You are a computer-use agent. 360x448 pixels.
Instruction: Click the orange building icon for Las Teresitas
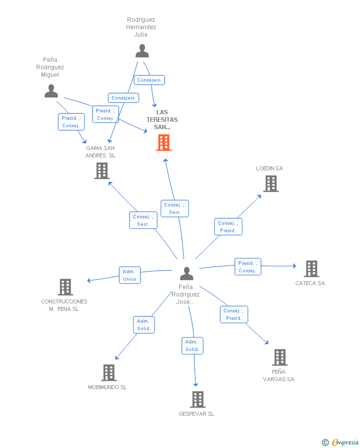(164, 143)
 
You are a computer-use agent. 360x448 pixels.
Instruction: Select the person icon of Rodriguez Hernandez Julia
(142, 51)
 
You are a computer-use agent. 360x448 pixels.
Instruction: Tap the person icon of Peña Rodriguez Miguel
(51, 91)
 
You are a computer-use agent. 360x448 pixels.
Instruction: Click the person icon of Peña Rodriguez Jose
(187, 273)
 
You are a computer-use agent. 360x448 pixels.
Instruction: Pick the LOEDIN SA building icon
(271, 184)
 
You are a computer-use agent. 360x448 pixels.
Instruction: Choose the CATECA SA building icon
(312, 269)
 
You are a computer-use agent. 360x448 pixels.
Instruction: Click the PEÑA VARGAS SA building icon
(280, 357)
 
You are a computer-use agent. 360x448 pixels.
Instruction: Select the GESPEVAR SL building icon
(198, 399)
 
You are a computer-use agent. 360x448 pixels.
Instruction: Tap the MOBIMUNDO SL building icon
(109, 373)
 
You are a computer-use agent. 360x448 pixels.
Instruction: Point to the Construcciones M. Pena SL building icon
(65, 287)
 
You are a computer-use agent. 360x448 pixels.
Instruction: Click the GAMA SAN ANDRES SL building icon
(102, 171)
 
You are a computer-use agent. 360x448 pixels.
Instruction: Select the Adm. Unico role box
(130, 275)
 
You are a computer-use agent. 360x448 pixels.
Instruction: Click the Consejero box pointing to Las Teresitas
(149, 80)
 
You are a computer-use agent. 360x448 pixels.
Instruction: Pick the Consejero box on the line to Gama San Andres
(123, 98)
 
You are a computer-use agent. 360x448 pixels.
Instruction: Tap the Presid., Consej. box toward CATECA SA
(248, 266)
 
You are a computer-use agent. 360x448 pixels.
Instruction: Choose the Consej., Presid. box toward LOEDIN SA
(228, 227)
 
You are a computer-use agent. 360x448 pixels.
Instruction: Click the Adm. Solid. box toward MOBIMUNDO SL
(144, 325)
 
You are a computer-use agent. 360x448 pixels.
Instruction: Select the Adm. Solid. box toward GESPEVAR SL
(192, 346)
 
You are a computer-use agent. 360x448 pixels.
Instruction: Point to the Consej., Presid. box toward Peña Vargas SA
(234, 314)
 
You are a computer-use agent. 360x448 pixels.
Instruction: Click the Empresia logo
(340, 442)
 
